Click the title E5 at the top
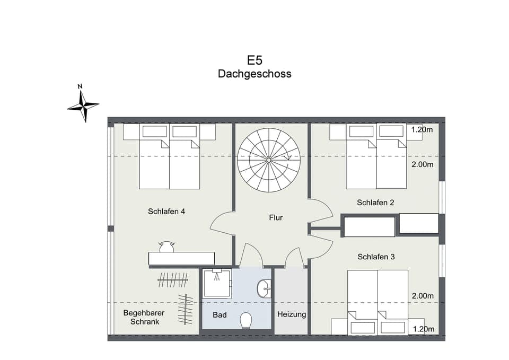(x=254, y=60)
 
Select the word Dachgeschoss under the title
(x=254, y=74)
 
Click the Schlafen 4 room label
(x=166, y=211)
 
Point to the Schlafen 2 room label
(x=375, y=203)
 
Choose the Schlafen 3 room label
(x=376, y=257)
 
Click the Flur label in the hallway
(x=276, y=217)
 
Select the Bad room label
(x=220, y=315)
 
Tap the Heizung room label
(x=292, y=314)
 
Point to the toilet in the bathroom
(x=246, y=320)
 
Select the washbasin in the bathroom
(x=264, y=289)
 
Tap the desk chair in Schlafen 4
(x=167, y=247)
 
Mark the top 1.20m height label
(x=422, y=130)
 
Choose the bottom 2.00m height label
(x=422, y=296)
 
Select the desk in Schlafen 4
(x=181, y=259)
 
